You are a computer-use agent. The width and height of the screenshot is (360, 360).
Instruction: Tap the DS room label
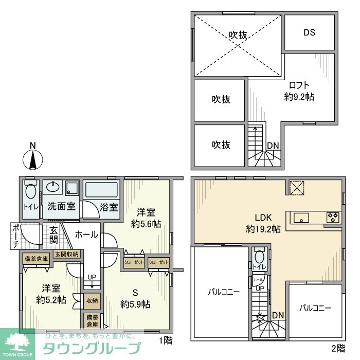coord(309,32)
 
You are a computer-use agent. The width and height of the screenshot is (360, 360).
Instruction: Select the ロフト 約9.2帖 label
coord(299,91)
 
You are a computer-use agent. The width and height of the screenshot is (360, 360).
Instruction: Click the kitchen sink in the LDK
coord(300,218)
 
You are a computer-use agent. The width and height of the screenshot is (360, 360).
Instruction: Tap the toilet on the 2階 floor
coord(259,255)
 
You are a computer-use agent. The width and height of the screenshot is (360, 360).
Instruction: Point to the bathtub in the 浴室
coord(101,190)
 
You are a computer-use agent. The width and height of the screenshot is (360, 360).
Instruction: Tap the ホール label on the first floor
coord(86,235)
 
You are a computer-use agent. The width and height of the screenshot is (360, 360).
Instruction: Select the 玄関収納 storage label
coord(66,254)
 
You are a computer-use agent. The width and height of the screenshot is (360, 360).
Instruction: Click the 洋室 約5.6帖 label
coord(146,218)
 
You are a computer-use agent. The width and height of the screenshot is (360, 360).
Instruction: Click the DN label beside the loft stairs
coord(273,146)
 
